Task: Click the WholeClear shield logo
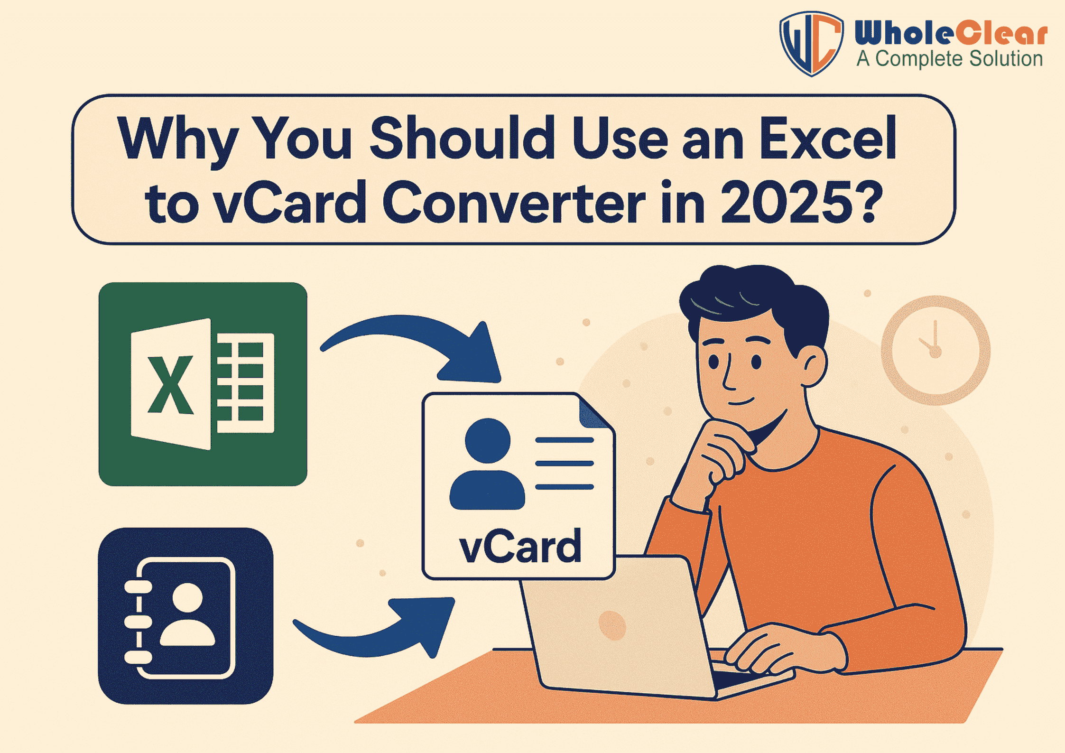click(811, 44)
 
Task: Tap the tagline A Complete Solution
click(949, 59)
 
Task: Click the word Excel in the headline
click(827, 138)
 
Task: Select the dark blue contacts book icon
click(185, 615)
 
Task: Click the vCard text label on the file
click(520, 547)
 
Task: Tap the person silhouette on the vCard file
click(487, 465)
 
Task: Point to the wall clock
click(935, 350)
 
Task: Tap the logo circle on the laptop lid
click(612, 625)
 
